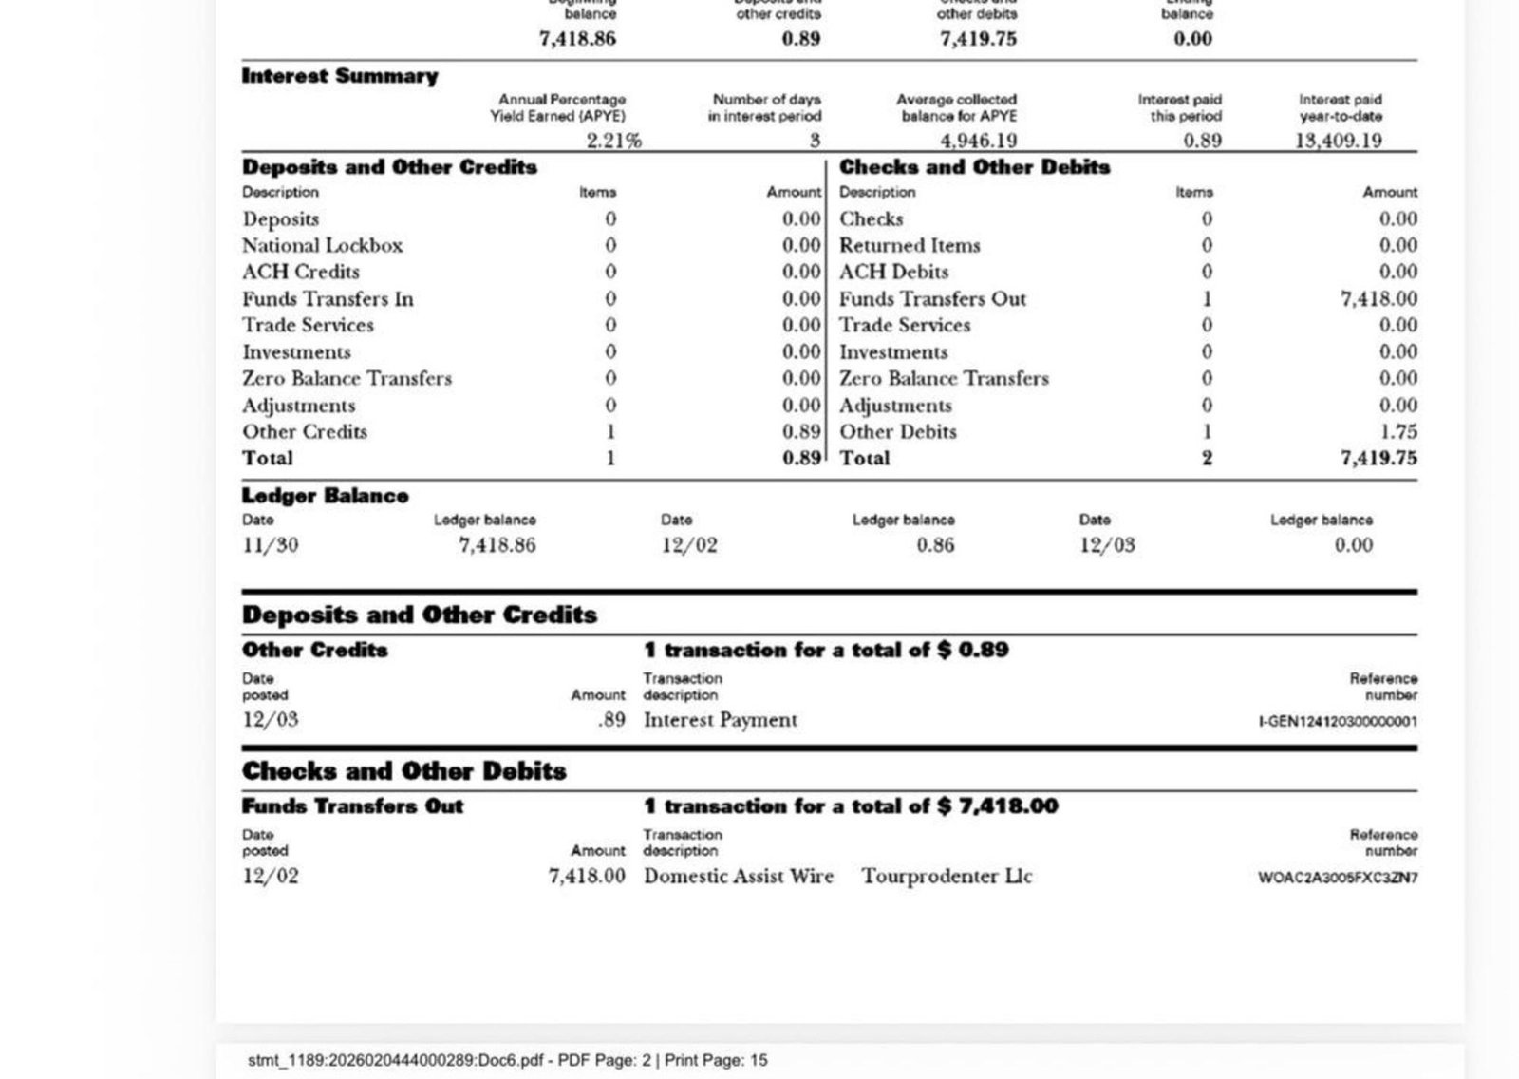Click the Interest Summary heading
point(340,76)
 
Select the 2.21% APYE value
point(613,141)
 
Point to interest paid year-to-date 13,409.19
point(1338,141)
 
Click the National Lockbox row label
point(322,245)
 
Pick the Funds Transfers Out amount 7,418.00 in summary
point(1378,298)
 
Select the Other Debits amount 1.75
point(1398,431)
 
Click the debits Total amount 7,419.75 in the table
point(1378,458)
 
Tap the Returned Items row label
point(910,245)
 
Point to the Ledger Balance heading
point(325,496)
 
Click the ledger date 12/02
point(689,545)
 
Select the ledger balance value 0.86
point(935,545)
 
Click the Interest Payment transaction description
point(721,720)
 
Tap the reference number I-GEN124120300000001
point(1338,722)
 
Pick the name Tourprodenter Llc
point(947,876)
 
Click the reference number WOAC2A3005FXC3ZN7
point(1338,878)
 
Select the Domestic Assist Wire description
point(739,876)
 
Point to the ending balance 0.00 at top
point(1192,39)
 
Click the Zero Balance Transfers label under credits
point(347,378)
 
